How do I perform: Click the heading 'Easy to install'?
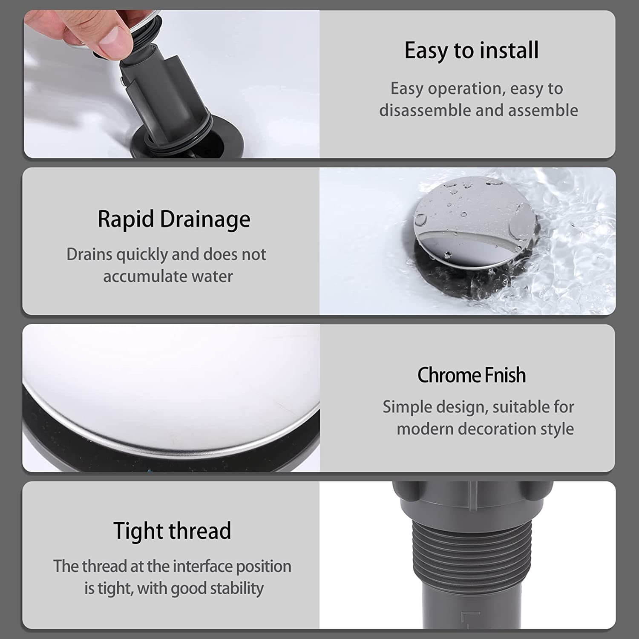click(472, 51)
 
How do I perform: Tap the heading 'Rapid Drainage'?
click(174, 220)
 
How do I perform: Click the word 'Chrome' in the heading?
click(448, 375)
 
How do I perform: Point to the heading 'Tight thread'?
click(172, 531)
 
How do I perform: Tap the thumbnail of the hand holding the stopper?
click(172, 84)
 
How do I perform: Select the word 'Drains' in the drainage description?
click(89, 255)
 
